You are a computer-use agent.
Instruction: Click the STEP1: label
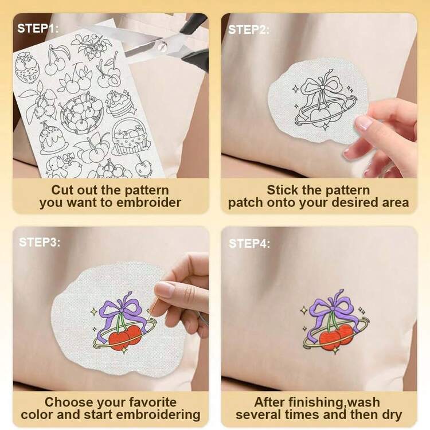[x=38, y=28]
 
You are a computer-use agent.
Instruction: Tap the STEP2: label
[x=249, y=30]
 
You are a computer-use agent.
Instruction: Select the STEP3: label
[x=40, y=242]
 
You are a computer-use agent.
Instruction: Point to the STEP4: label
[x=249, y=244]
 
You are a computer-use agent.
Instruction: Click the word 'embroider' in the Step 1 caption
[x=148, y=202]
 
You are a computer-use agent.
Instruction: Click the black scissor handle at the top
[x=193, y=23]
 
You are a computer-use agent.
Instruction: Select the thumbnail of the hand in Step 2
[x=362, y=123]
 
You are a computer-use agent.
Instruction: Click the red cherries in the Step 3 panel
[x=125, y=338]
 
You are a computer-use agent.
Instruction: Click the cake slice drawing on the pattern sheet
[x=120, y=103]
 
